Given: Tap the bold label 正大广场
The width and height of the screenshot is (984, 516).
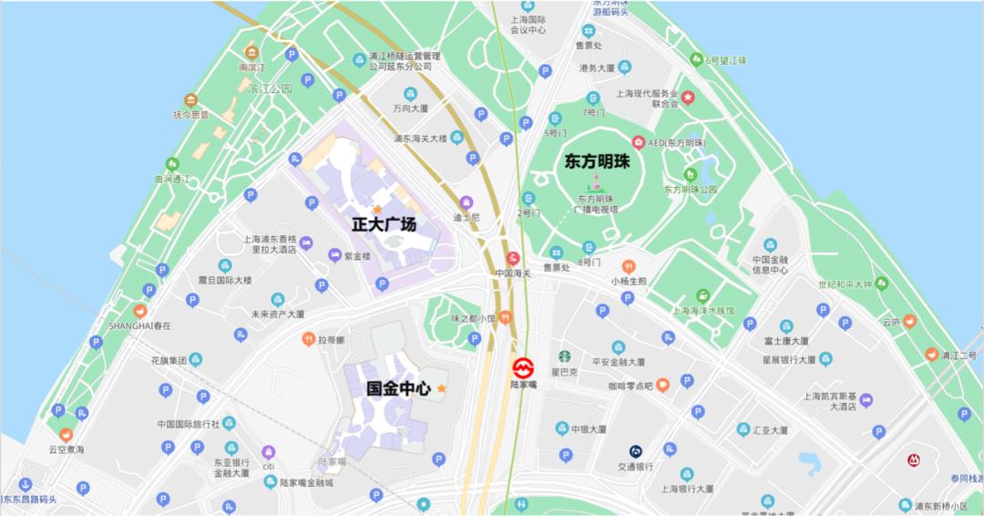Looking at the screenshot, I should pos(384,223).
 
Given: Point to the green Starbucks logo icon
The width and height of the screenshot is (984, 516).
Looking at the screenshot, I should pos(565,357).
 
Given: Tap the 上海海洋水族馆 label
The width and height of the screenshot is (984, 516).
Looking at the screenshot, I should pos(702,310).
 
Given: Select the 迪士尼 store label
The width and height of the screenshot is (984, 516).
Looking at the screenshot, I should pos(466,219).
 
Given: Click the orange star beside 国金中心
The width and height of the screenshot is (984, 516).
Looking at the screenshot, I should pos(442,388).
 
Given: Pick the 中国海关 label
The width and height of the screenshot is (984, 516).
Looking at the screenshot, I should pos(513,273).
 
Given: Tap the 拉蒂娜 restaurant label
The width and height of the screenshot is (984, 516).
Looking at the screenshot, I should pos(328,339).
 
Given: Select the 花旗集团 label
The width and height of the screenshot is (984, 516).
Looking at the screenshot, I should pos(169,360).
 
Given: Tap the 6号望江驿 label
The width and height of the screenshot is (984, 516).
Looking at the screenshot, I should pos(725,60).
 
